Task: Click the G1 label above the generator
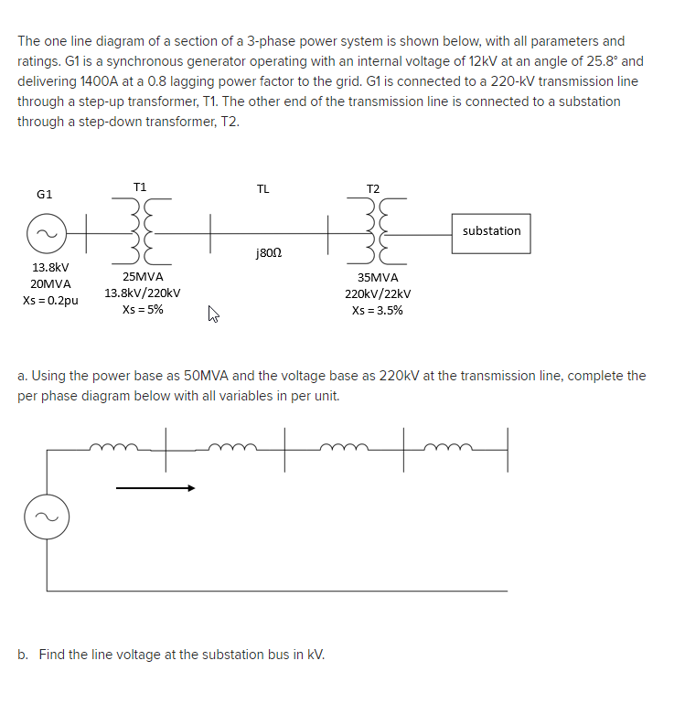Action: coord(44,194)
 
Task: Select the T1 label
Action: coord(139,186)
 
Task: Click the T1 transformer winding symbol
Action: coord(142,229)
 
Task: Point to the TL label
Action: coord(263,189)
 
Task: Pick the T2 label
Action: coord(372,188)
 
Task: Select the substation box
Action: coord(491,231)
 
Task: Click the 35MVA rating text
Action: coord(378,277)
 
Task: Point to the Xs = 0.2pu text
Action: coord(50,300)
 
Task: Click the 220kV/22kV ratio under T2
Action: coord(378,293)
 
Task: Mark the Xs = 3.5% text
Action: coord(378,310)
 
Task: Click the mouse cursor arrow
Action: coord(214,316)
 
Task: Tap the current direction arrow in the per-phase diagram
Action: coord(155,488)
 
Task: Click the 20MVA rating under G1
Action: coord(50,283)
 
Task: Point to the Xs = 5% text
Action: coord(143,309)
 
